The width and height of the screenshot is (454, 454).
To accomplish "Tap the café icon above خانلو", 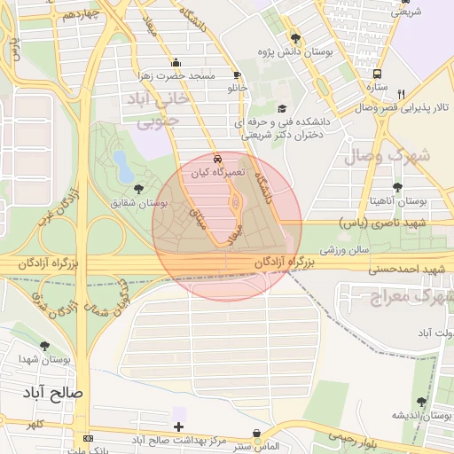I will coord(236,74).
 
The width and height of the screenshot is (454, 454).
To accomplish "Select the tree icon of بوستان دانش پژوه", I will coord(295,38).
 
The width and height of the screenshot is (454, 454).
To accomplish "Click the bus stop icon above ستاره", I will coord(378,74).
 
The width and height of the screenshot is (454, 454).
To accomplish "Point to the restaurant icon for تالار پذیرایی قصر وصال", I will coord(401,93).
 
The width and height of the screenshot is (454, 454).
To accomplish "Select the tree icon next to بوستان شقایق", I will coord(138,188).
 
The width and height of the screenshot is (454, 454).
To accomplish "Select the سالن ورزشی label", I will coord(343,252).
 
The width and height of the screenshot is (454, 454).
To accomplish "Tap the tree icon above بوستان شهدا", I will coord(45,346).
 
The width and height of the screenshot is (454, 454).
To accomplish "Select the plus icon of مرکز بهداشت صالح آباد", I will coord(179,427).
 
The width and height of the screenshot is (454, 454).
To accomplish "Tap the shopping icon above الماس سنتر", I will coord(258,433).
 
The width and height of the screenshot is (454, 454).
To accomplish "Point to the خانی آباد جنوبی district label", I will coord(160,108).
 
